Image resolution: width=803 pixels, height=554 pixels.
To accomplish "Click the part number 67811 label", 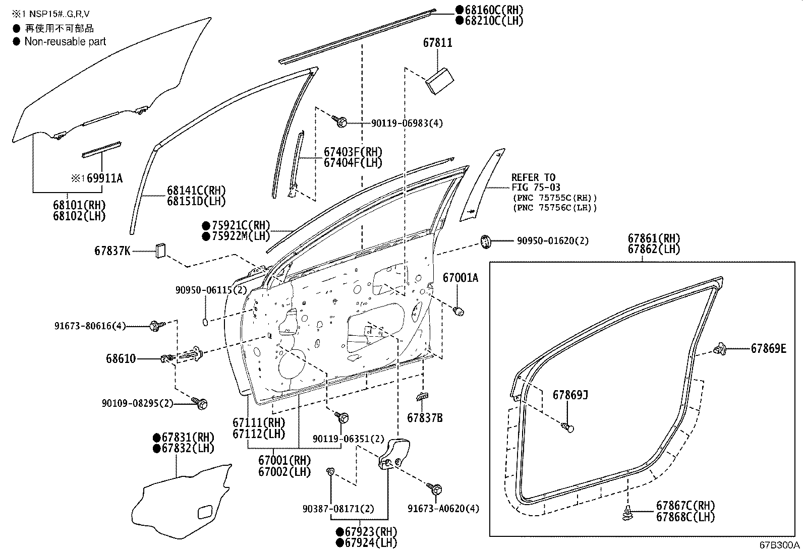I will pyautogui.click(x=437, y=43).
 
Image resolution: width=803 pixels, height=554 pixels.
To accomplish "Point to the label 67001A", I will pyautogui.click(x=460, y=278).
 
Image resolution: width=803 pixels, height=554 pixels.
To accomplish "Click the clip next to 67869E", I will pyautogui.click(x=720, y=348).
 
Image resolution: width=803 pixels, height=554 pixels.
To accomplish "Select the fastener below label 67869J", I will pyautogui.click(x=568, y=428).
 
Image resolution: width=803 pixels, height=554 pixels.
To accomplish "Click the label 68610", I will pyautogui.click(x=121, y=359).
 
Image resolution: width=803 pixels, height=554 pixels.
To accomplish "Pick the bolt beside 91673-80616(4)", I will pyautogui.click(x=155, y=326).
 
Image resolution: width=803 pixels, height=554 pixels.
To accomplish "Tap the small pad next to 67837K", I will pyautogui.click(x=161, y=250).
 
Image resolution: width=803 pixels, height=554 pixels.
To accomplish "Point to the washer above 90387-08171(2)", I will pyautogui.click(x=330, y=471).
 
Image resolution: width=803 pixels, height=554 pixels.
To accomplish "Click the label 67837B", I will pyautogui.click(x=425, y=418).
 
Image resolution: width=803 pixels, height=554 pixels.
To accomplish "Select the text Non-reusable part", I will pyautogui.click(x=65, y=42).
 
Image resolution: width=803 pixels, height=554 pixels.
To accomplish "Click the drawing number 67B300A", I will pyautogui.click(x=780, y=546).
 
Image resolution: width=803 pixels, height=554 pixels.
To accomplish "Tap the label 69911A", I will pyautogui.click(x=104, y=178).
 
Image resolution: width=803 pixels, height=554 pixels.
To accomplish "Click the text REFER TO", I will pyautogui.click(x=533, y=177).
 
